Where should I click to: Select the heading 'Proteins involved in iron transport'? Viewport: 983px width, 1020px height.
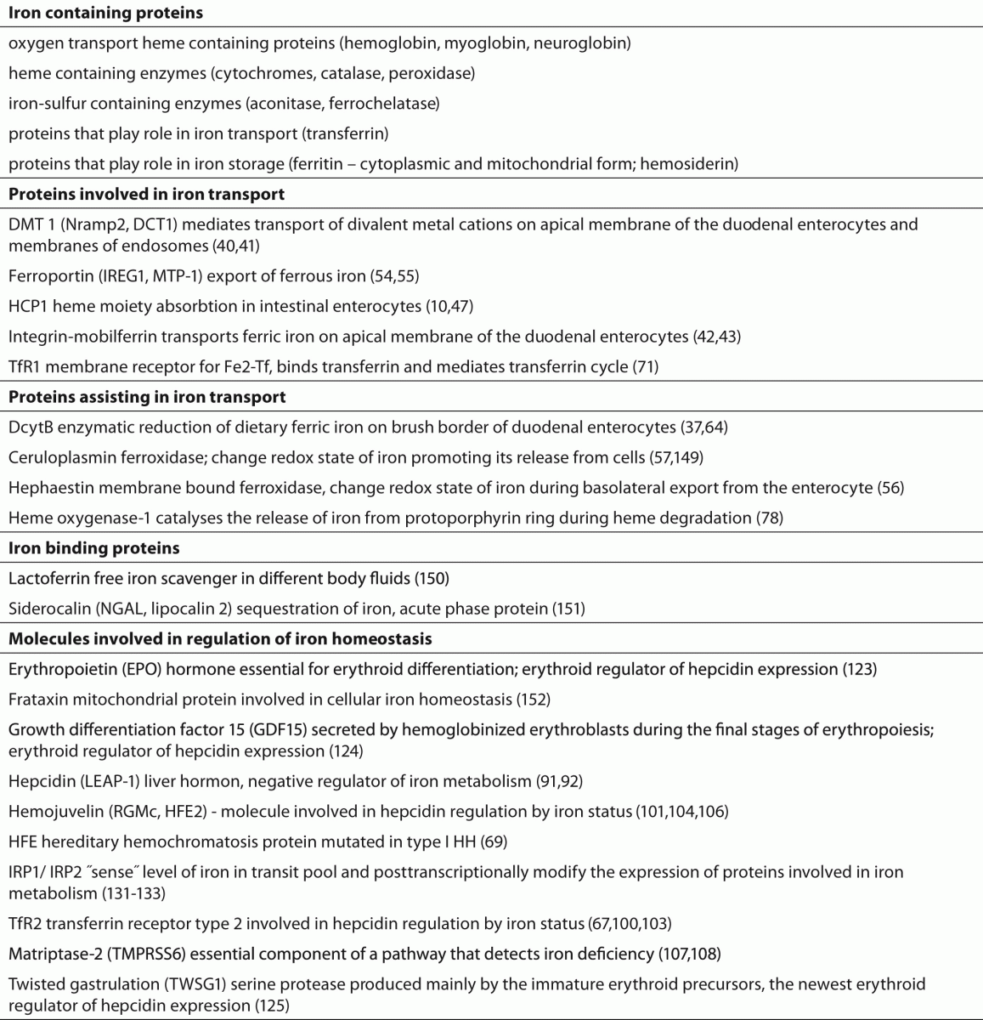[146, 194]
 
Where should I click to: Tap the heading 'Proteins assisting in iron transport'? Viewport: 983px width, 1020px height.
[147, 397]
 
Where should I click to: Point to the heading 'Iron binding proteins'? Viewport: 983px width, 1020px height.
[93, 548]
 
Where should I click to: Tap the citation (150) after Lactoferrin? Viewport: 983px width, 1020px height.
[432, 579]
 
